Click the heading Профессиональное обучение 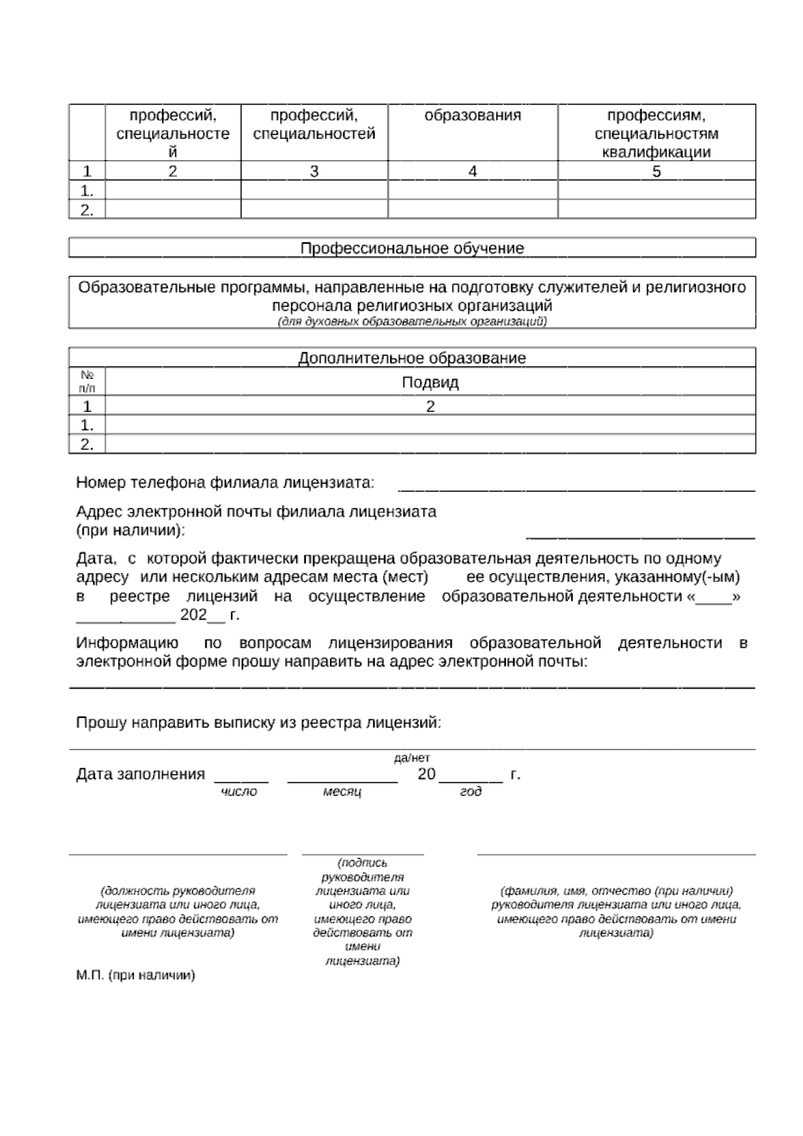[x=412, y=248]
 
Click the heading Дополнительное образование [x=412, y=358]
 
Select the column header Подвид [x=430, y=382]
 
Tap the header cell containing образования [x=472, y=115]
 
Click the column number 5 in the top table [x=656, y=171]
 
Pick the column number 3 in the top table [x=314, y=171]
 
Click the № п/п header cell [x=87, y=382]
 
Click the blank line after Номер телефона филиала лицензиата [x=576, y=489]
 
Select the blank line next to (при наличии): [x=640, y=536]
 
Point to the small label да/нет [x=412, y=758]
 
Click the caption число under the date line [x=239, y=792]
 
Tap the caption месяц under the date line [x=342, y=792]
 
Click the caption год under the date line [x=470, y=792]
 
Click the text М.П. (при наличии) [x=136, y=975]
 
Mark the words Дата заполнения [x=141, y=774]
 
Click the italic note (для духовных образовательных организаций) [x=412, y=322]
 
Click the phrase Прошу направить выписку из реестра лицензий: [x=259, y=723]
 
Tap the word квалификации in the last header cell [x=656, y=152]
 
